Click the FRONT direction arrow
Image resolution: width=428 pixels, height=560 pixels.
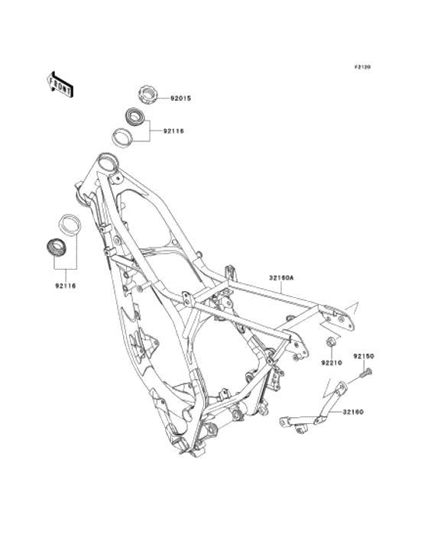(x=60, y=84)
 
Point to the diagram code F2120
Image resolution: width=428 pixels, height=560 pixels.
(x=362, y=66)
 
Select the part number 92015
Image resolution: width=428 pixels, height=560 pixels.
(x=180, y=99)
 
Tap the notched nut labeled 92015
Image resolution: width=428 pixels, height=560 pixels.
(x=148, y=95)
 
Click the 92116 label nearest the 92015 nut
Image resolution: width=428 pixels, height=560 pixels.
(x=173, y=131)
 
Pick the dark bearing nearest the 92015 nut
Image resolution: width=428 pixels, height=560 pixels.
(x=135, y=115)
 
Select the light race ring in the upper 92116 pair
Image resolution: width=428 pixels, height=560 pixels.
(x=122, y=138)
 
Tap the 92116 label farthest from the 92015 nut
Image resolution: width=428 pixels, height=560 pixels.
(x=66, y=286)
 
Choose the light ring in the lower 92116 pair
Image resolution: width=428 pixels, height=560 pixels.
(x=70, y=225)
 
